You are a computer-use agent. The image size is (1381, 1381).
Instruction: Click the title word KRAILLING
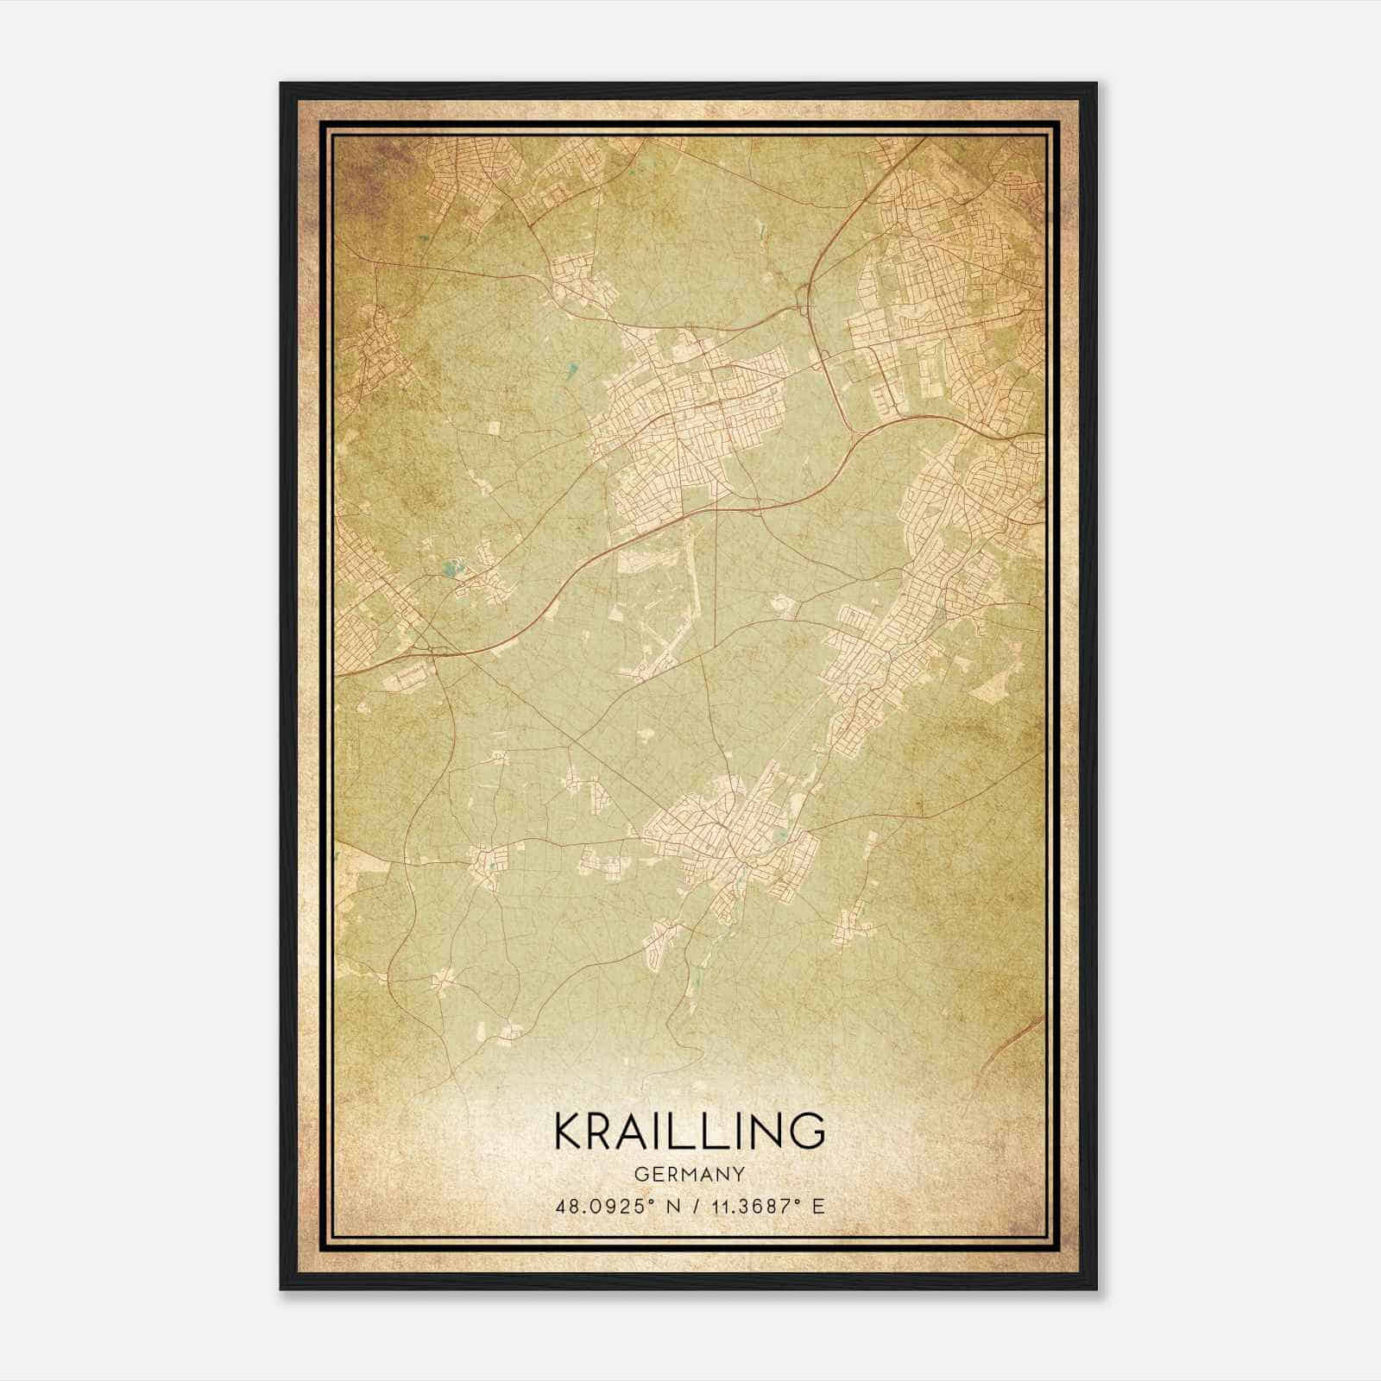tap(689, 1132)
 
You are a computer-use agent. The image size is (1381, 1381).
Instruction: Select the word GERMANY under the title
tap(689, 1175)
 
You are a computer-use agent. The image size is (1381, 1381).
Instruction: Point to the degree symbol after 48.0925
tap(647, 1201)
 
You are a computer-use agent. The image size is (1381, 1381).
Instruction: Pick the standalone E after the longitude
tap(818, 1206)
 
